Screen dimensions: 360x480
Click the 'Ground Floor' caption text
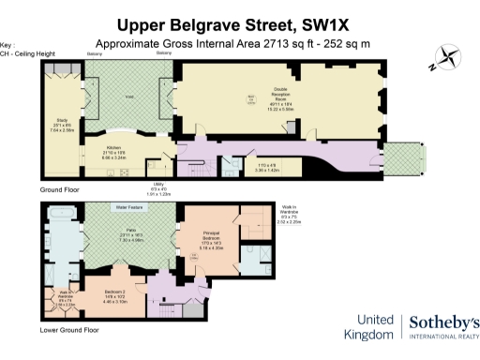click(x=58, y=189)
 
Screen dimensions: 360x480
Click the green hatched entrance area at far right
click(x=406, y=158)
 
